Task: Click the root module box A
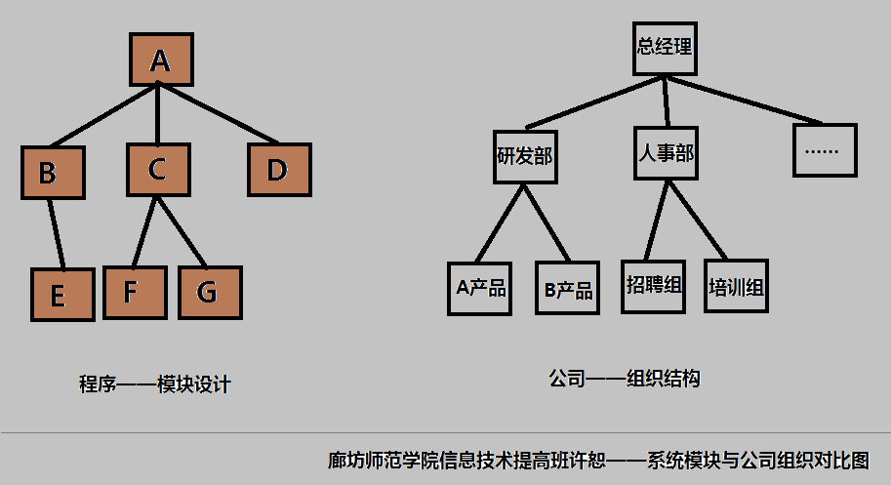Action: coord(161,61)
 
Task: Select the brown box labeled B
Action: coord(53,173)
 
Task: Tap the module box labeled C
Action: coord(157,170)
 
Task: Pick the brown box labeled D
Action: coord(277,170)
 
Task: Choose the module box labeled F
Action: coord(134,292)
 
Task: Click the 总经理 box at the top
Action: coord(666,47)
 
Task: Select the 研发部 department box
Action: coord(525,156)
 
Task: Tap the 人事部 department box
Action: coord(667,153)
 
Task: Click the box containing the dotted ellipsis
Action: coord(825,150)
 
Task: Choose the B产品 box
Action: coord(567,290)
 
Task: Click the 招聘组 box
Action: coord(654,285)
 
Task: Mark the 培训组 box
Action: coord(736,286)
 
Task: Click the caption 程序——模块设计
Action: coord(154,384)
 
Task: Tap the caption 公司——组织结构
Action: coord(625,378)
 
